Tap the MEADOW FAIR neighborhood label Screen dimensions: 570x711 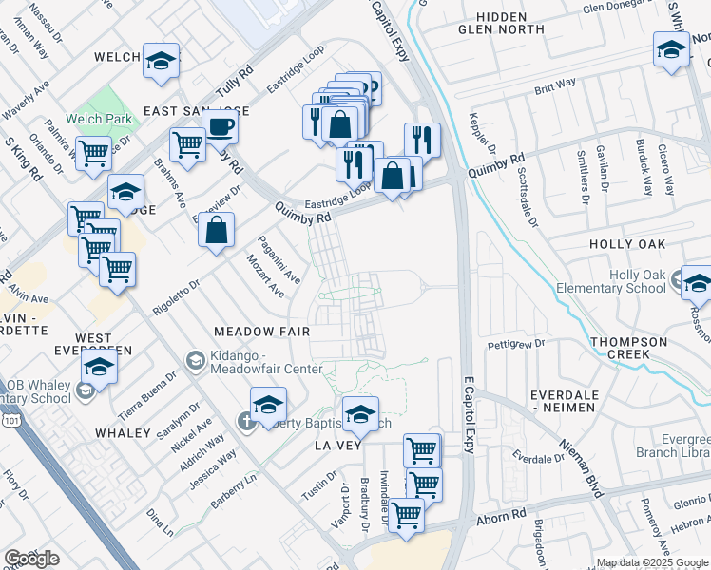click(261, 332)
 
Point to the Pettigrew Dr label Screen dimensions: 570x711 click(514, 342)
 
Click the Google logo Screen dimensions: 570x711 click(32, 559)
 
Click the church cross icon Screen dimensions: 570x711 click(248, 420)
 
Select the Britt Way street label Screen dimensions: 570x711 click(555, 85)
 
